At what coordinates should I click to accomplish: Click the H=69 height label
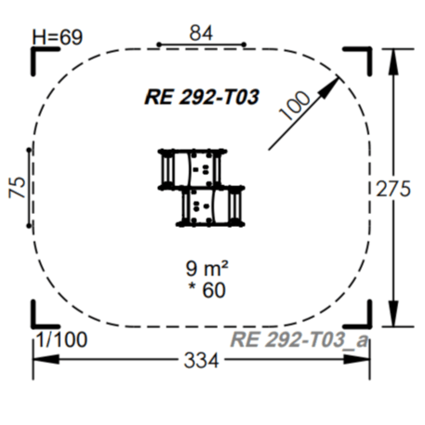click(x=58, y=37)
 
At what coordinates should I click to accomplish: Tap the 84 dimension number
click(x=201, y=33)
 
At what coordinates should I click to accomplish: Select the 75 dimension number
click(x=17, y=187)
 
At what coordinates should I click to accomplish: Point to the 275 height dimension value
click(x=393, y=189)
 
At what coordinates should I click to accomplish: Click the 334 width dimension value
click(x=202, y=361)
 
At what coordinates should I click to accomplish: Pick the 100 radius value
click(x=295, y=105)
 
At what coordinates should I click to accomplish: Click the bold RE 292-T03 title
click(x=202, y=97)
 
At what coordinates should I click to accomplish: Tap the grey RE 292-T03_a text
click(x=299, y=339)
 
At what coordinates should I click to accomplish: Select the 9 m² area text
click(x=207, y=268)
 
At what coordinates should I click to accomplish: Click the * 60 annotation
click(x=207, y=290)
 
